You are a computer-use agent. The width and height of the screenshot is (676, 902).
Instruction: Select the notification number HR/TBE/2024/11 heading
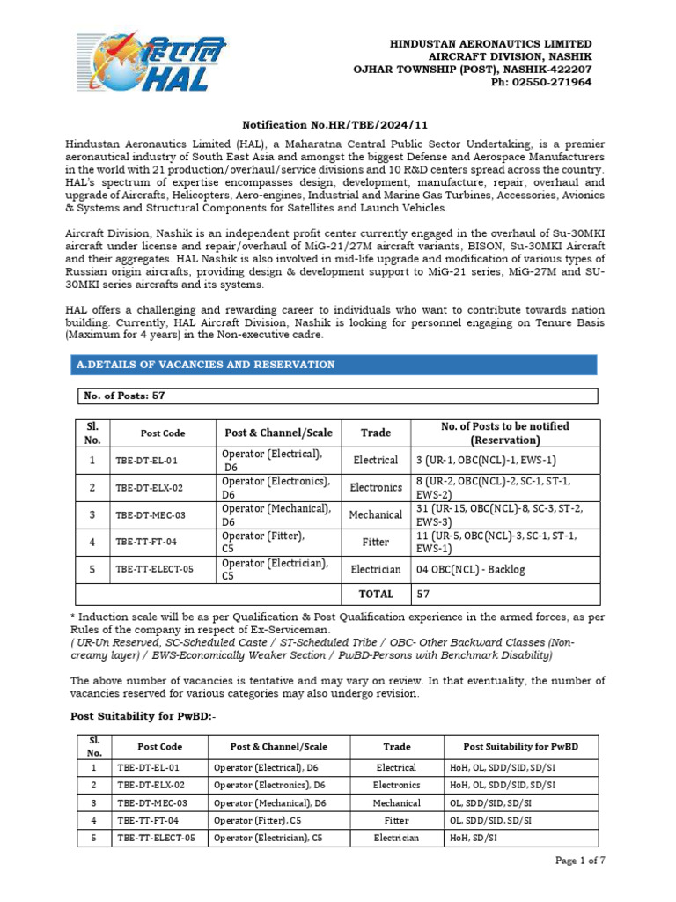coord(338,127)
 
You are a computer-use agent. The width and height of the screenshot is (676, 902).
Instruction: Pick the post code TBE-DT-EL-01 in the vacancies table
coord(147,460)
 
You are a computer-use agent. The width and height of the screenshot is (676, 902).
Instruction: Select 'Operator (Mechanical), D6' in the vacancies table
coord(276,514)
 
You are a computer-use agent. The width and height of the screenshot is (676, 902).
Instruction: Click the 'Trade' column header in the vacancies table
coord(376,433)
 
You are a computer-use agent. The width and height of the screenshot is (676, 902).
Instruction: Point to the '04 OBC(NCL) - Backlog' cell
coord(471,569)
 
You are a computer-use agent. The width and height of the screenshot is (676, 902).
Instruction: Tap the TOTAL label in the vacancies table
coord(376,594)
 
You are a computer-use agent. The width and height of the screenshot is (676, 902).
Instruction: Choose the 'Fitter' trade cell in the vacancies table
coord(376,542)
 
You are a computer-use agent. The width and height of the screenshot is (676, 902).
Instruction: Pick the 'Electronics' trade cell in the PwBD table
coord(396,785)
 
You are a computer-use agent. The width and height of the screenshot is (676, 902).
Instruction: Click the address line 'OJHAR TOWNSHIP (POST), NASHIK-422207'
coord(472,69)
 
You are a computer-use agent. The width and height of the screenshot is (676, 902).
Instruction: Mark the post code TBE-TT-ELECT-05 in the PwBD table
coord(156,838)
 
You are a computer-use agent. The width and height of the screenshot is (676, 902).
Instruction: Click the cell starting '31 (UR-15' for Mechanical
coord(505,514)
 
